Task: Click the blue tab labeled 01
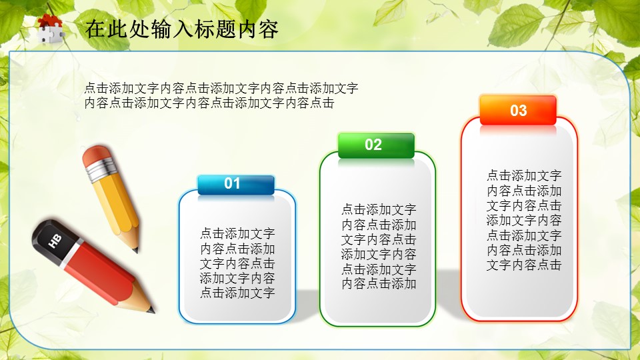[x=236, y=185]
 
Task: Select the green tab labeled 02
[x=376, y=145]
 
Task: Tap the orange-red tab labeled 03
[x=518, y=110]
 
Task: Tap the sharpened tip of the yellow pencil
[x=135, y=249]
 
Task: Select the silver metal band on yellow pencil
[x=101, y=170]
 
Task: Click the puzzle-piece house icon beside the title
[x=50, y=28]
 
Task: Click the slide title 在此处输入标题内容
[x=181, y=29]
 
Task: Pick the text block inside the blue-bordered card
[x=237, y=263]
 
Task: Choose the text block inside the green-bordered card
[x=379, y=247]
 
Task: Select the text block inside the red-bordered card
[x=524, y=220]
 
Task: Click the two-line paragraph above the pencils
[x=221, y=95]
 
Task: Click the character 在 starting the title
[x=95, y=29]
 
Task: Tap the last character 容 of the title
[x=268, y=29]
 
